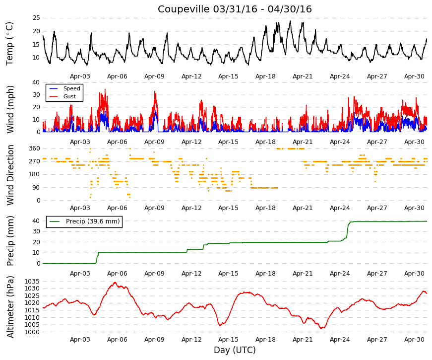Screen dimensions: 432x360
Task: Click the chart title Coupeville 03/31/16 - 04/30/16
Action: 235,9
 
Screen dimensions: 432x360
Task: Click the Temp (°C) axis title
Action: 9,44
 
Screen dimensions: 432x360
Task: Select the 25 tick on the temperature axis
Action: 36,18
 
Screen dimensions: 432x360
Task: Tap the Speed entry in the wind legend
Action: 71,88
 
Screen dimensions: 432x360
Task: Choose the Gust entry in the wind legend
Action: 69,96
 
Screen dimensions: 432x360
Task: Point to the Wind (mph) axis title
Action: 10,110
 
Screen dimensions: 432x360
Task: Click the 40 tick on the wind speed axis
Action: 36,82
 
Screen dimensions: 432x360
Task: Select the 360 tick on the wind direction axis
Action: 35,148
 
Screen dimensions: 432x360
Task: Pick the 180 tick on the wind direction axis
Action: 35,174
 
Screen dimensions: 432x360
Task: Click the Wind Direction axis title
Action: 10,175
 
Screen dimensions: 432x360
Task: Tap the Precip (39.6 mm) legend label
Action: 93,221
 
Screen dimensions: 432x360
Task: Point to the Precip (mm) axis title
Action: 10,241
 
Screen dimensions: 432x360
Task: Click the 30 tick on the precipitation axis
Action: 36,231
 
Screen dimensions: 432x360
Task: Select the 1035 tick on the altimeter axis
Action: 32,282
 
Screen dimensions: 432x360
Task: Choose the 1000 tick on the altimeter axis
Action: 32,332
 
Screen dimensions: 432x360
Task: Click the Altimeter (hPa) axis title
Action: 10,307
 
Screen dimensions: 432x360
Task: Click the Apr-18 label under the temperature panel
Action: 265,76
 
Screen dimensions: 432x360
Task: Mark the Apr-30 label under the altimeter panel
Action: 414,340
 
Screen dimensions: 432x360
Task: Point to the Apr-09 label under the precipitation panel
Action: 154,274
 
